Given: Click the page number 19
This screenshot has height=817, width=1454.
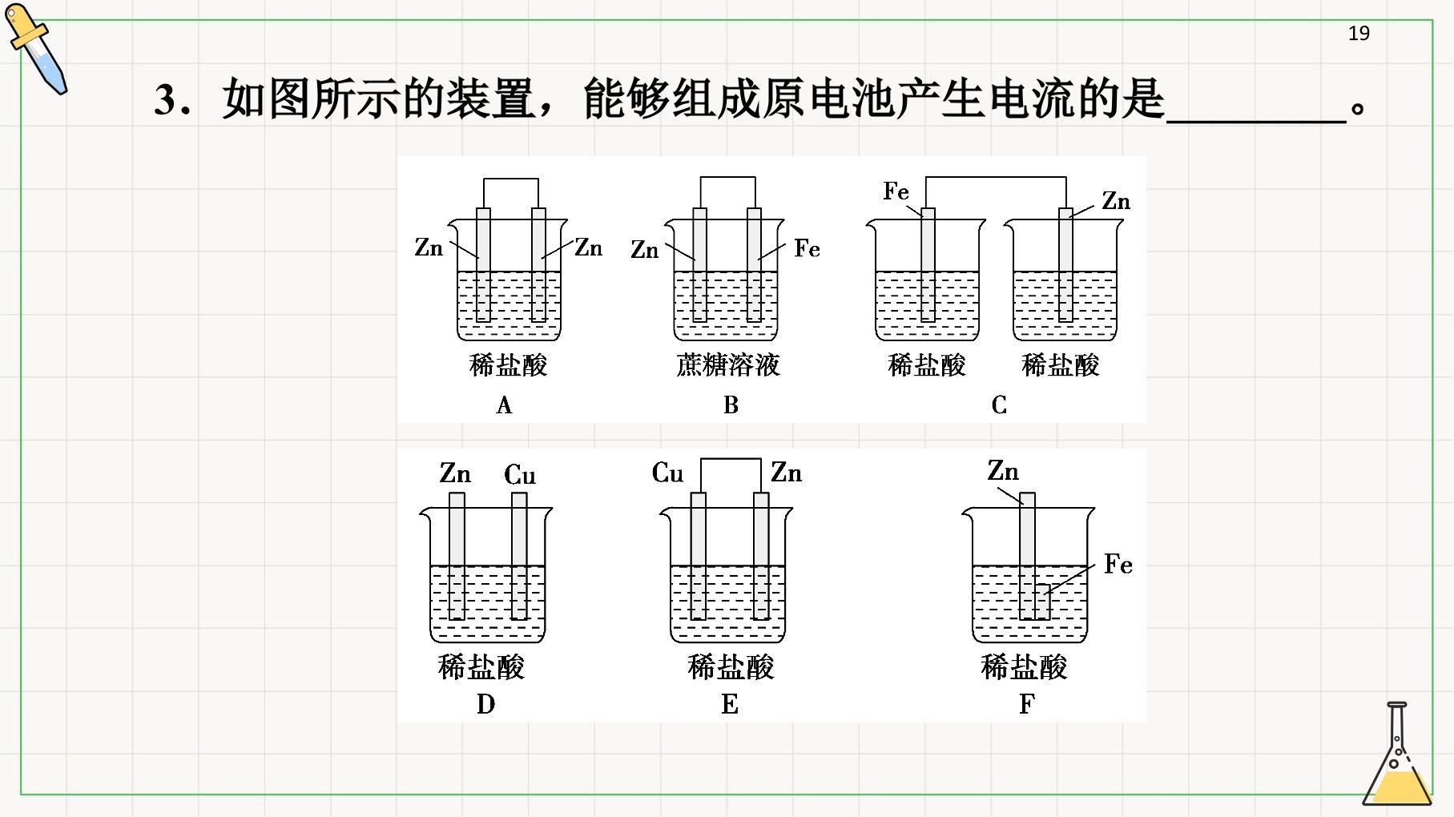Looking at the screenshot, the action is (1359, 34).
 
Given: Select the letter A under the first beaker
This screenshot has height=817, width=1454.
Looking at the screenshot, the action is (504, 405).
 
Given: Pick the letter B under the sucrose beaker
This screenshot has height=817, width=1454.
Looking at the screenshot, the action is (731, 405).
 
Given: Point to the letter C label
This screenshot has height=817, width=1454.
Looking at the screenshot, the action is (999, 405).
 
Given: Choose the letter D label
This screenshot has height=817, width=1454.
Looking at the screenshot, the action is (485, 704).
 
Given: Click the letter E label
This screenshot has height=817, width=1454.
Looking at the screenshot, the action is (730, 704).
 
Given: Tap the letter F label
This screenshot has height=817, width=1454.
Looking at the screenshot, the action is (1027, 704).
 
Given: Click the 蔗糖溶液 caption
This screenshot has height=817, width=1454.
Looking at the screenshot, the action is (728, 365).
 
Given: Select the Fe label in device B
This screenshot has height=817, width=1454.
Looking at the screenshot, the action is (808, 249).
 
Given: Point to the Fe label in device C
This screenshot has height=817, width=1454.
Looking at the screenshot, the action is (896, 191).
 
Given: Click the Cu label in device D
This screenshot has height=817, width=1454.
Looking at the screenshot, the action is (520, 475).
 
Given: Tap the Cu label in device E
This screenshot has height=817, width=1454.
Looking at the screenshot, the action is (668, 473).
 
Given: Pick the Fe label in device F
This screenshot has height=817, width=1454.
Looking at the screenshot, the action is (1118, 565).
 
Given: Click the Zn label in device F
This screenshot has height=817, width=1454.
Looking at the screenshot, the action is (1003, 470).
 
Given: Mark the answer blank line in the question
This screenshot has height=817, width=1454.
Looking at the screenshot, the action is (1256, 122).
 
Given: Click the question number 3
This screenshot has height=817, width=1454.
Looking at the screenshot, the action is (166, 101).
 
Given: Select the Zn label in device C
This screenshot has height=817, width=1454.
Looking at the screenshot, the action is (1116, 201).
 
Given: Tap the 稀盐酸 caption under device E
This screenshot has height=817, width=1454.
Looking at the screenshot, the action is (731, 666).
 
